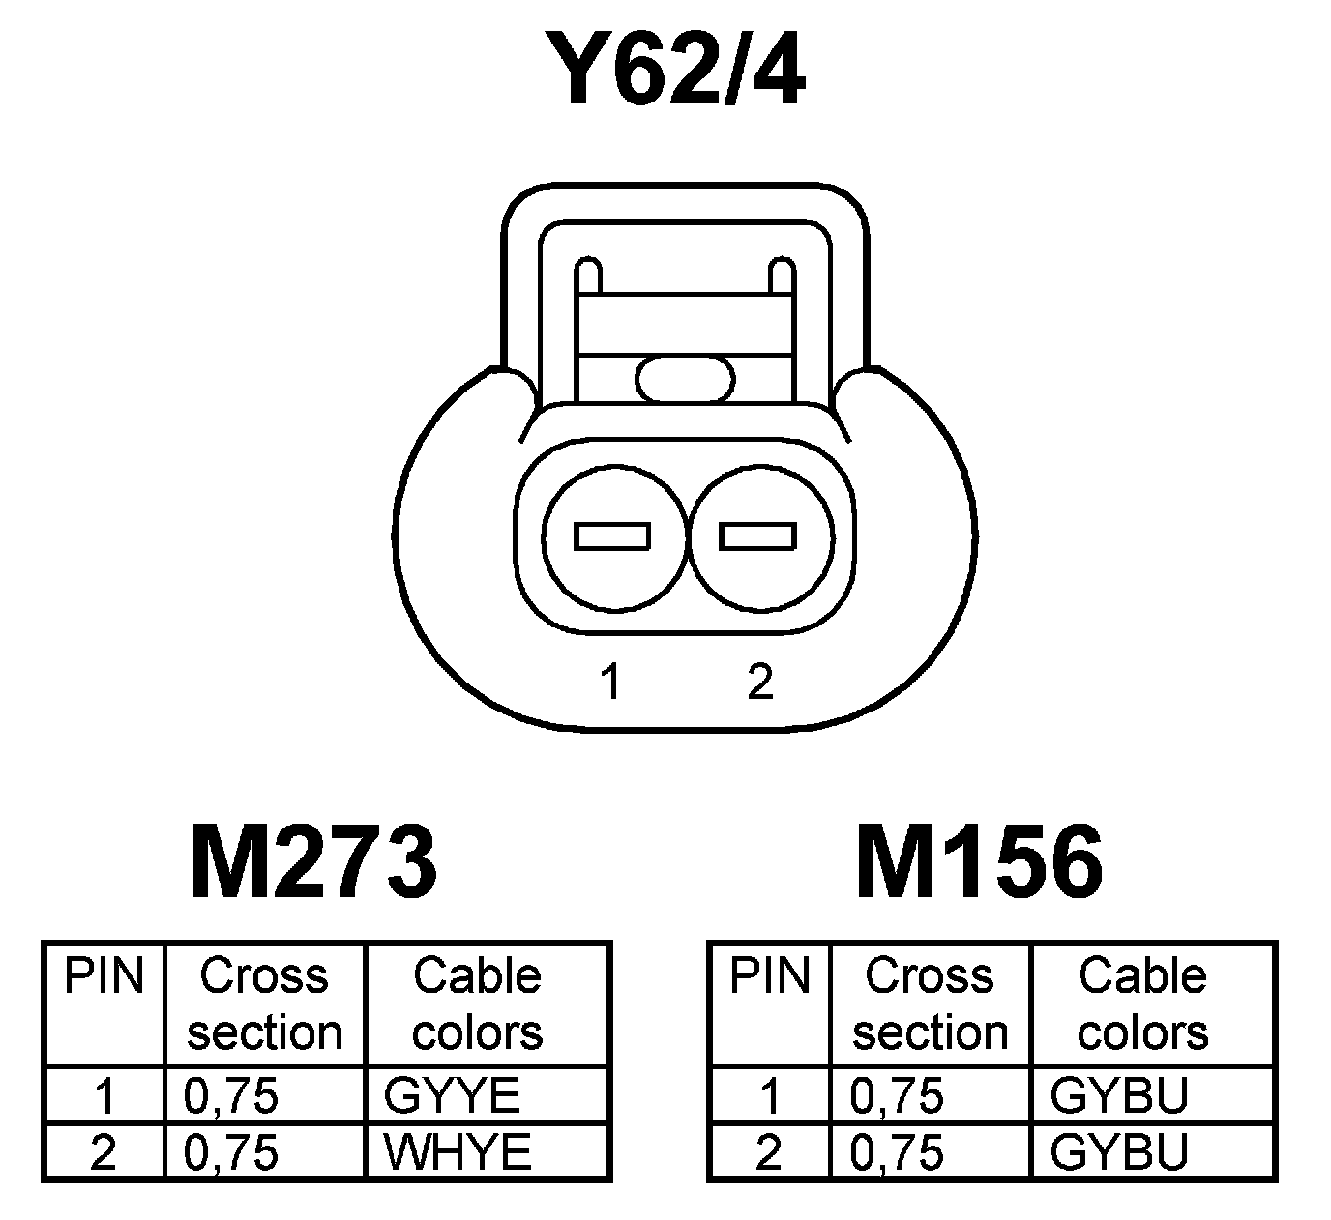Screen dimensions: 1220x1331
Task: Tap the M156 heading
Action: tap(979, 861)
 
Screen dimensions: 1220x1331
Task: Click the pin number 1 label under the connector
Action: tap(609, 683)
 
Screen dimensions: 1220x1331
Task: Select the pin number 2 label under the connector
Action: tap(760, 683)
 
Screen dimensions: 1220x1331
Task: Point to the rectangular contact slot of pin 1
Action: tap(612, 536)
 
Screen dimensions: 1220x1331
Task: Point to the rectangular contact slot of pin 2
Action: tap(758, 536)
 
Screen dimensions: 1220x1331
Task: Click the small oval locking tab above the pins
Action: tap(685, 378)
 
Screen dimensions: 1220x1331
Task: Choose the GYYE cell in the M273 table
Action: tap(453, 1096)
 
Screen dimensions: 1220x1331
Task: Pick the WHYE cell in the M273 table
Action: tap(458, 1152)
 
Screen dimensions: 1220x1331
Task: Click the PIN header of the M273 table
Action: tap(104, 976)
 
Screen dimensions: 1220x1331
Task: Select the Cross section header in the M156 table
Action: tap(930, 1003)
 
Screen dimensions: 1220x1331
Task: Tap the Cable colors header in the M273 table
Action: tap(477, 1003)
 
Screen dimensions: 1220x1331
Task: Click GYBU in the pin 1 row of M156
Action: tap(1119, 1096)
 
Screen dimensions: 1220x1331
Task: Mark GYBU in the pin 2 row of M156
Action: tap(1119, 1152)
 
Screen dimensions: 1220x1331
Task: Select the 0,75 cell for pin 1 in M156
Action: tap(897, 1096)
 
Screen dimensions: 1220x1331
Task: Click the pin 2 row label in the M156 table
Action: tap(768, 1152)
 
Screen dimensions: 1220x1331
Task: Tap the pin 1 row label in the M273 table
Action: tap(104, 1096)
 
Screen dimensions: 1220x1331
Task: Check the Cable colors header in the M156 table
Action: tap(1142, 1003)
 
